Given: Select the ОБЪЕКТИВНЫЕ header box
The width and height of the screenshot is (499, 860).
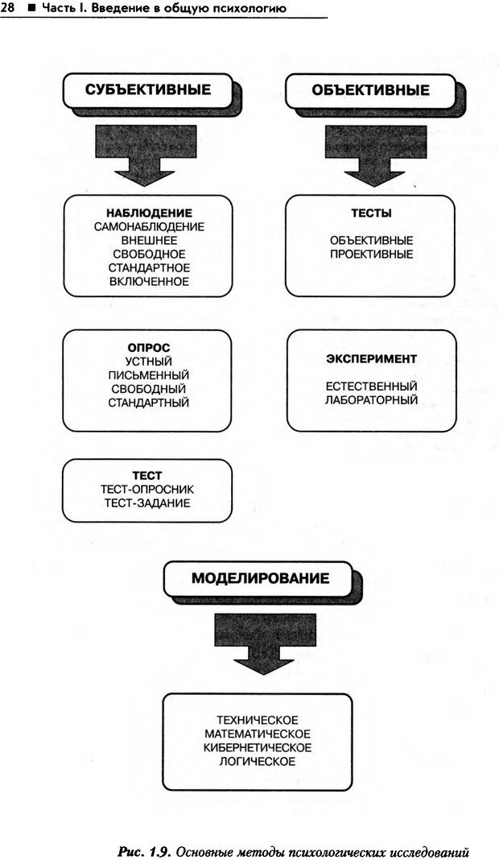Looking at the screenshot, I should (x=370, y=90).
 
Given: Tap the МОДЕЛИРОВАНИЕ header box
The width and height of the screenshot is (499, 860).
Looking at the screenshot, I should (x=259, y=578).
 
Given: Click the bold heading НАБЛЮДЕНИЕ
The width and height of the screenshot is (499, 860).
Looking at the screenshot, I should (x=149, y=213).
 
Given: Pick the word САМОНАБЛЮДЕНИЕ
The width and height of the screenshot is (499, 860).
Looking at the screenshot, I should (x=149, y=227).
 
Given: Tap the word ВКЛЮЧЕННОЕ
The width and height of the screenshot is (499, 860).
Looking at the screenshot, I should (x=149, y=282).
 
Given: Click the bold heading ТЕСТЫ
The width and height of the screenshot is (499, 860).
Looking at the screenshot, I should (x=371, y=213).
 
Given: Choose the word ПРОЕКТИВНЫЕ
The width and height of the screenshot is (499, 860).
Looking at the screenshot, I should (x=371, y=254).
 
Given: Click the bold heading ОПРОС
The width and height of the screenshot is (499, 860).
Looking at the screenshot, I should (x=149, y=348).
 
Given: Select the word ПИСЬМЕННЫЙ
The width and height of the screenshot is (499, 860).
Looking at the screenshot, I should (x=149, y=375).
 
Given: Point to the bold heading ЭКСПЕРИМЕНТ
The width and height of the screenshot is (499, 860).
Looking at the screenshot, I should (x=371, y=358).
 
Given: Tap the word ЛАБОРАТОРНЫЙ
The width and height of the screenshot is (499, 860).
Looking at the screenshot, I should (x=371, y=399).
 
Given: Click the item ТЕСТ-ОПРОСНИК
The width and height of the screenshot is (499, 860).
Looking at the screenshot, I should (x=147, y=490).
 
